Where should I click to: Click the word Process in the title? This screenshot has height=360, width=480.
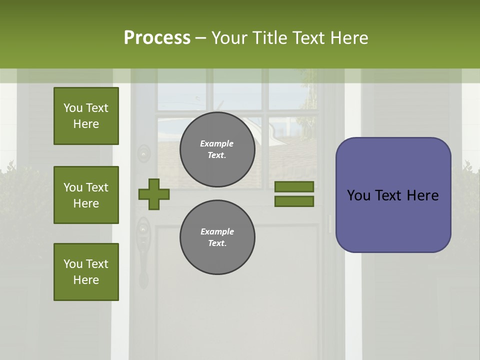click(x=157, y=38)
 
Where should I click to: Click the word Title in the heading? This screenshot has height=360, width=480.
click(x=269, y=38)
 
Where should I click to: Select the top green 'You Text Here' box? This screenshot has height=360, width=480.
click(x=86, y=116)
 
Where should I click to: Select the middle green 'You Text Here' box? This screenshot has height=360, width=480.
click(x=86, y=195)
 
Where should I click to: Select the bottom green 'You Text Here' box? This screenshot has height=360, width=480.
click(x=86, y=272)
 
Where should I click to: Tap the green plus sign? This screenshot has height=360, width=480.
click(x=154, y=194)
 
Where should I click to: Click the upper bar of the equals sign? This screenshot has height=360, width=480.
click(x=294, y=186)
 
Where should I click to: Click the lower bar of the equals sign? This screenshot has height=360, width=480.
click(x=294, y=201)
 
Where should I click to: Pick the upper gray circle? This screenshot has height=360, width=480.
click(x=217, y=149)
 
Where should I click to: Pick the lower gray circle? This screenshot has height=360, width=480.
click(x=217, y=237)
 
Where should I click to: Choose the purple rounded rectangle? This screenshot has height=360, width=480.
click(x=393, y=195)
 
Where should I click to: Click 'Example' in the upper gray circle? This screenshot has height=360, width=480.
click(x=217, y=143)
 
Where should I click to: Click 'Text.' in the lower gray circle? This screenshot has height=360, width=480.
click(x=217, y=243)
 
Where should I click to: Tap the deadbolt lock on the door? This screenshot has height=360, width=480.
click(x=144, y=153)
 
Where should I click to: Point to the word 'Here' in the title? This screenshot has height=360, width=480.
click(x=350, y=38)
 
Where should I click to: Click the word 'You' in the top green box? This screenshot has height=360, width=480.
click(x=72, y=108)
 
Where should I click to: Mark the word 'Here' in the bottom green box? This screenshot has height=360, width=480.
click(x=86, y=280)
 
